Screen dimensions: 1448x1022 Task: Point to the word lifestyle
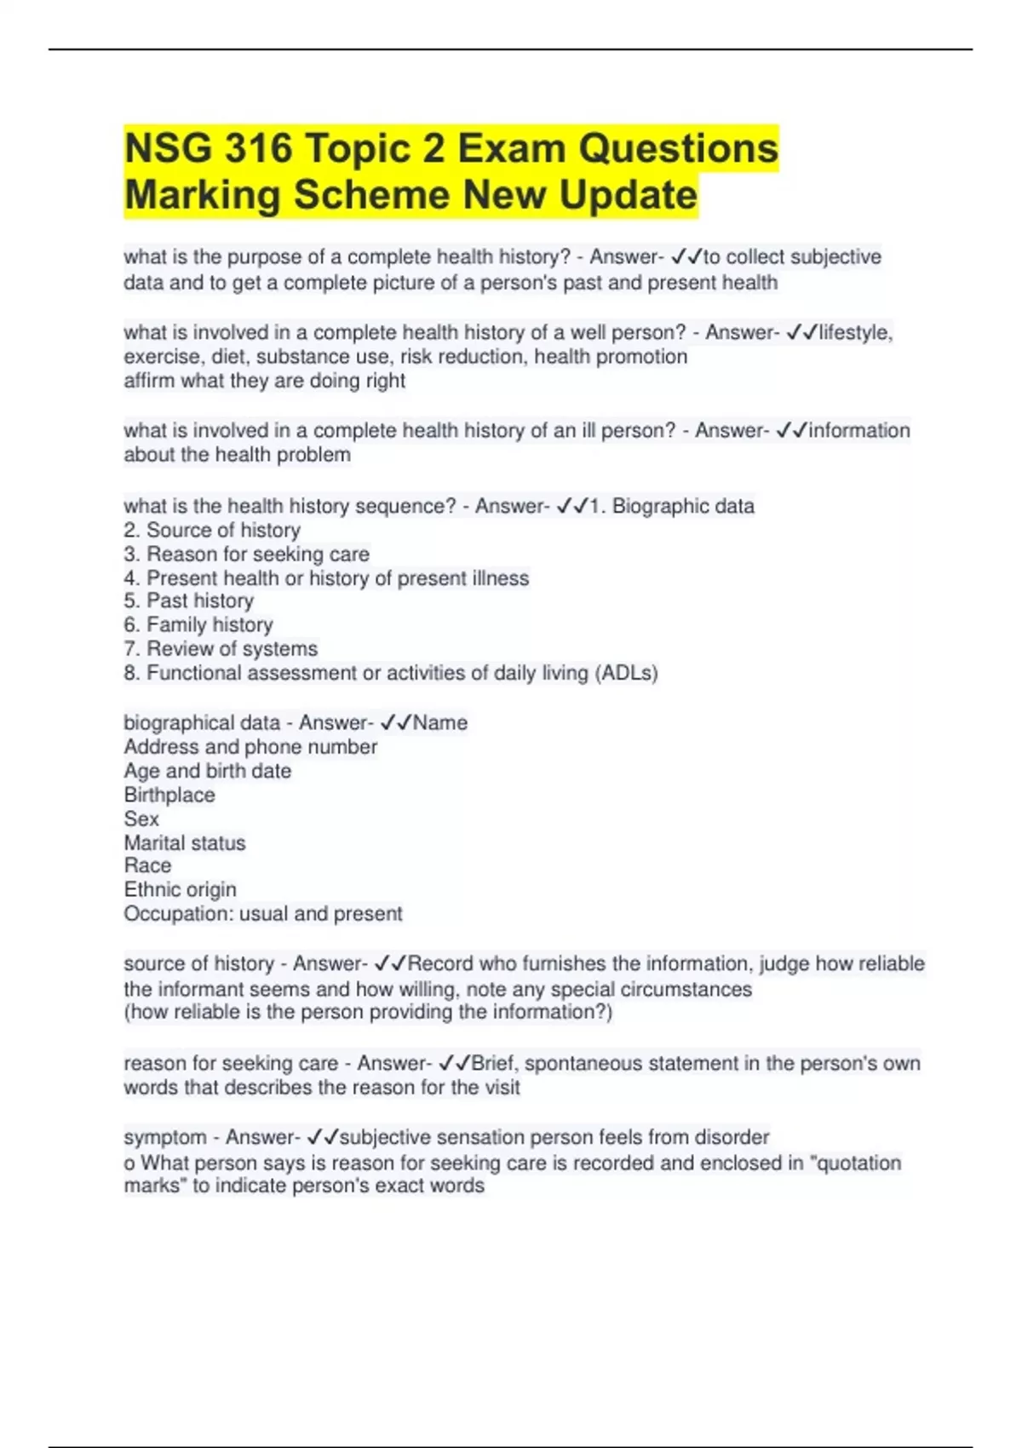(x=855, y=332)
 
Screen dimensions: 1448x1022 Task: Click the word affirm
(x=149, y=381)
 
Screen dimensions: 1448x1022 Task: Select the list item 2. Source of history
(x=212, y=530)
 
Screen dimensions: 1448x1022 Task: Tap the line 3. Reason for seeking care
(x=246, y=554)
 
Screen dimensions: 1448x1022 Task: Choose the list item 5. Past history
(x=188, y=601)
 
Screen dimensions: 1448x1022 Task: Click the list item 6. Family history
(x=198, y=625)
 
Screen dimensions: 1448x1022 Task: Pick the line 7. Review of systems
(x=221, y=649)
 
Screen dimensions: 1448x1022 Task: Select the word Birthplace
(x=169, y=795)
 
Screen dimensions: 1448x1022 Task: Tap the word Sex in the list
(x=141, y=819)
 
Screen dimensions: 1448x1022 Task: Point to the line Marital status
(x=185, y=843)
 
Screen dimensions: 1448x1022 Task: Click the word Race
(x=147, y=865)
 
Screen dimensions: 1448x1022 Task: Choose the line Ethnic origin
(x=180, y=890)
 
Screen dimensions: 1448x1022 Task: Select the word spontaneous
(x=583, y=1064)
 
